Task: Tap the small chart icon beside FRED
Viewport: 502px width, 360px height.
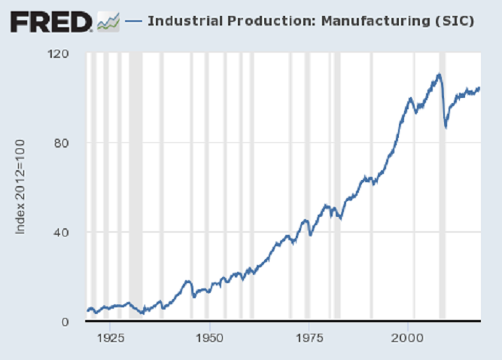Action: pos(108,22)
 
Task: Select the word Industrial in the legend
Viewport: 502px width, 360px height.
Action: pos(181,21)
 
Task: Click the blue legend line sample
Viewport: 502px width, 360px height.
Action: pos(133,21)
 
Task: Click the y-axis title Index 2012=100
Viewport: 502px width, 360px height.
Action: pos(22,187)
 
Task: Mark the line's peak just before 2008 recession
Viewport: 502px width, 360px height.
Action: pos(438,75)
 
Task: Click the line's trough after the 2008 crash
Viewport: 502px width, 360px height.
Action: pos(446,127)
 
